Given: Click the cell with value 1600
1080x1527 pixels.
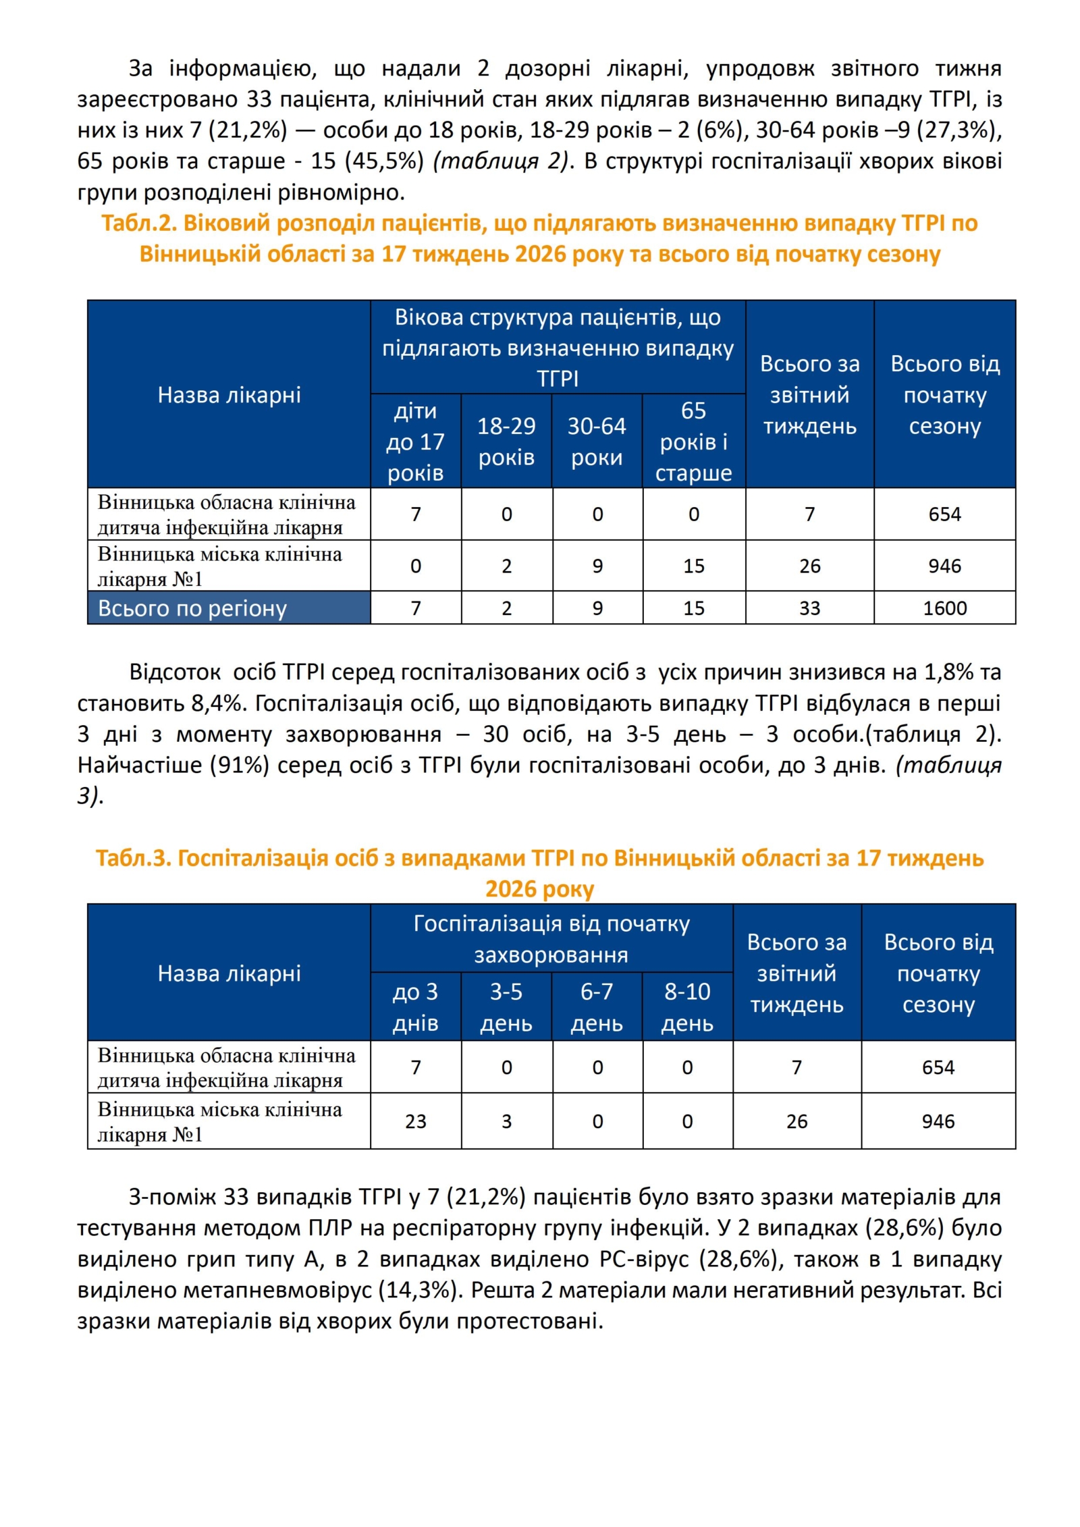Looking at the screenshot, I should coord(944,608).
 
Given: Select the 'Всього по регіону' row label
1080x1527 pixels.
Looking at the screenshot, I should coord(192,608).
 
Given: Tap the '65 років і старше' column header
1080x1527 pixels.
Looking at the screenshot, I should coord(693,441).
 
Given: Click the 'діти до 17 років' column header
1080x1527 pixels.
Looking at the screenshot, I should coord(415,441).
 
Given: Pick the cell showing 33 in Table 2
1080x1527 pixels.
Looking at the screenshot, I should coord(809,608).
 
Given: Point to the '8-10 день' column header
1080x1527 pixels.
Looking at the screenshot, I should coord(687,1007).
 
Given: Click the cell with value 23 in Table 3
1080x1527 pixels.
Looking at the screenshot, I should coord(415,1121).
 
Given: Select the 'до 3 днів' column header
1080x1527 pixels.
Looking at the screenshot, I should coord(415,1007).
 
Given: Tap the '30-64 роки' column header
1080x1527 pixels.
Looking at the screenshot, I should coord(597,441).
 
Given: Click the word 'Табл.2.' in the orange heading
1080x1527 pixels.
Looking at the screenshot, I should coord(139,223).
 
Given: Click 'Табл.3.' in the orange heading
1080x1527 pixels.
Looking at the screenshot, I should coord(133,858).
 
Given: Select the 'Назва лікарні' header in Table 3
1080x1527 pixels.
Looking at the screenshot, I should coord(229,973).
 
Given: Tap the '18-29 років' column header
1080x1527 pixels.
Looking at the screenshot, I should coord(506,441).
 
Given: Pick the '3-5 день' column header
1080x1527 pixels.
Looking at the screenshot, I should coord(506,1007).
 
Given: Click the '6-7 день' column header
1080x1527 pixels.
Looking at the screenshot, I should coord(597,1007).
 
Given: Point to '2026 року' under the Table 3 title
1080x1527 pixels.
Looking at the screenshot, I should coord(539,889).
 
